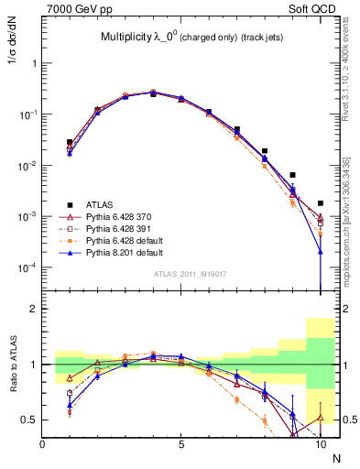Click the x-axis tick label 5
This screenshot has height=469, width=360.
[181, 443]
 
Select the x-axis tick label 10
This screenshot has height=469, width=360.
[320, 443]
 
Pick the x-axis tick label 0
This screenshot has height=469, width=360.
[43, 443]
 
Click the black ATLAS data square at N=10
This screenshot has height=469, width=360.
[320, 203]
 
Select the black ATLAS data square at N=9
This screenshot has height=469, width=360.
[292, 175]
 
